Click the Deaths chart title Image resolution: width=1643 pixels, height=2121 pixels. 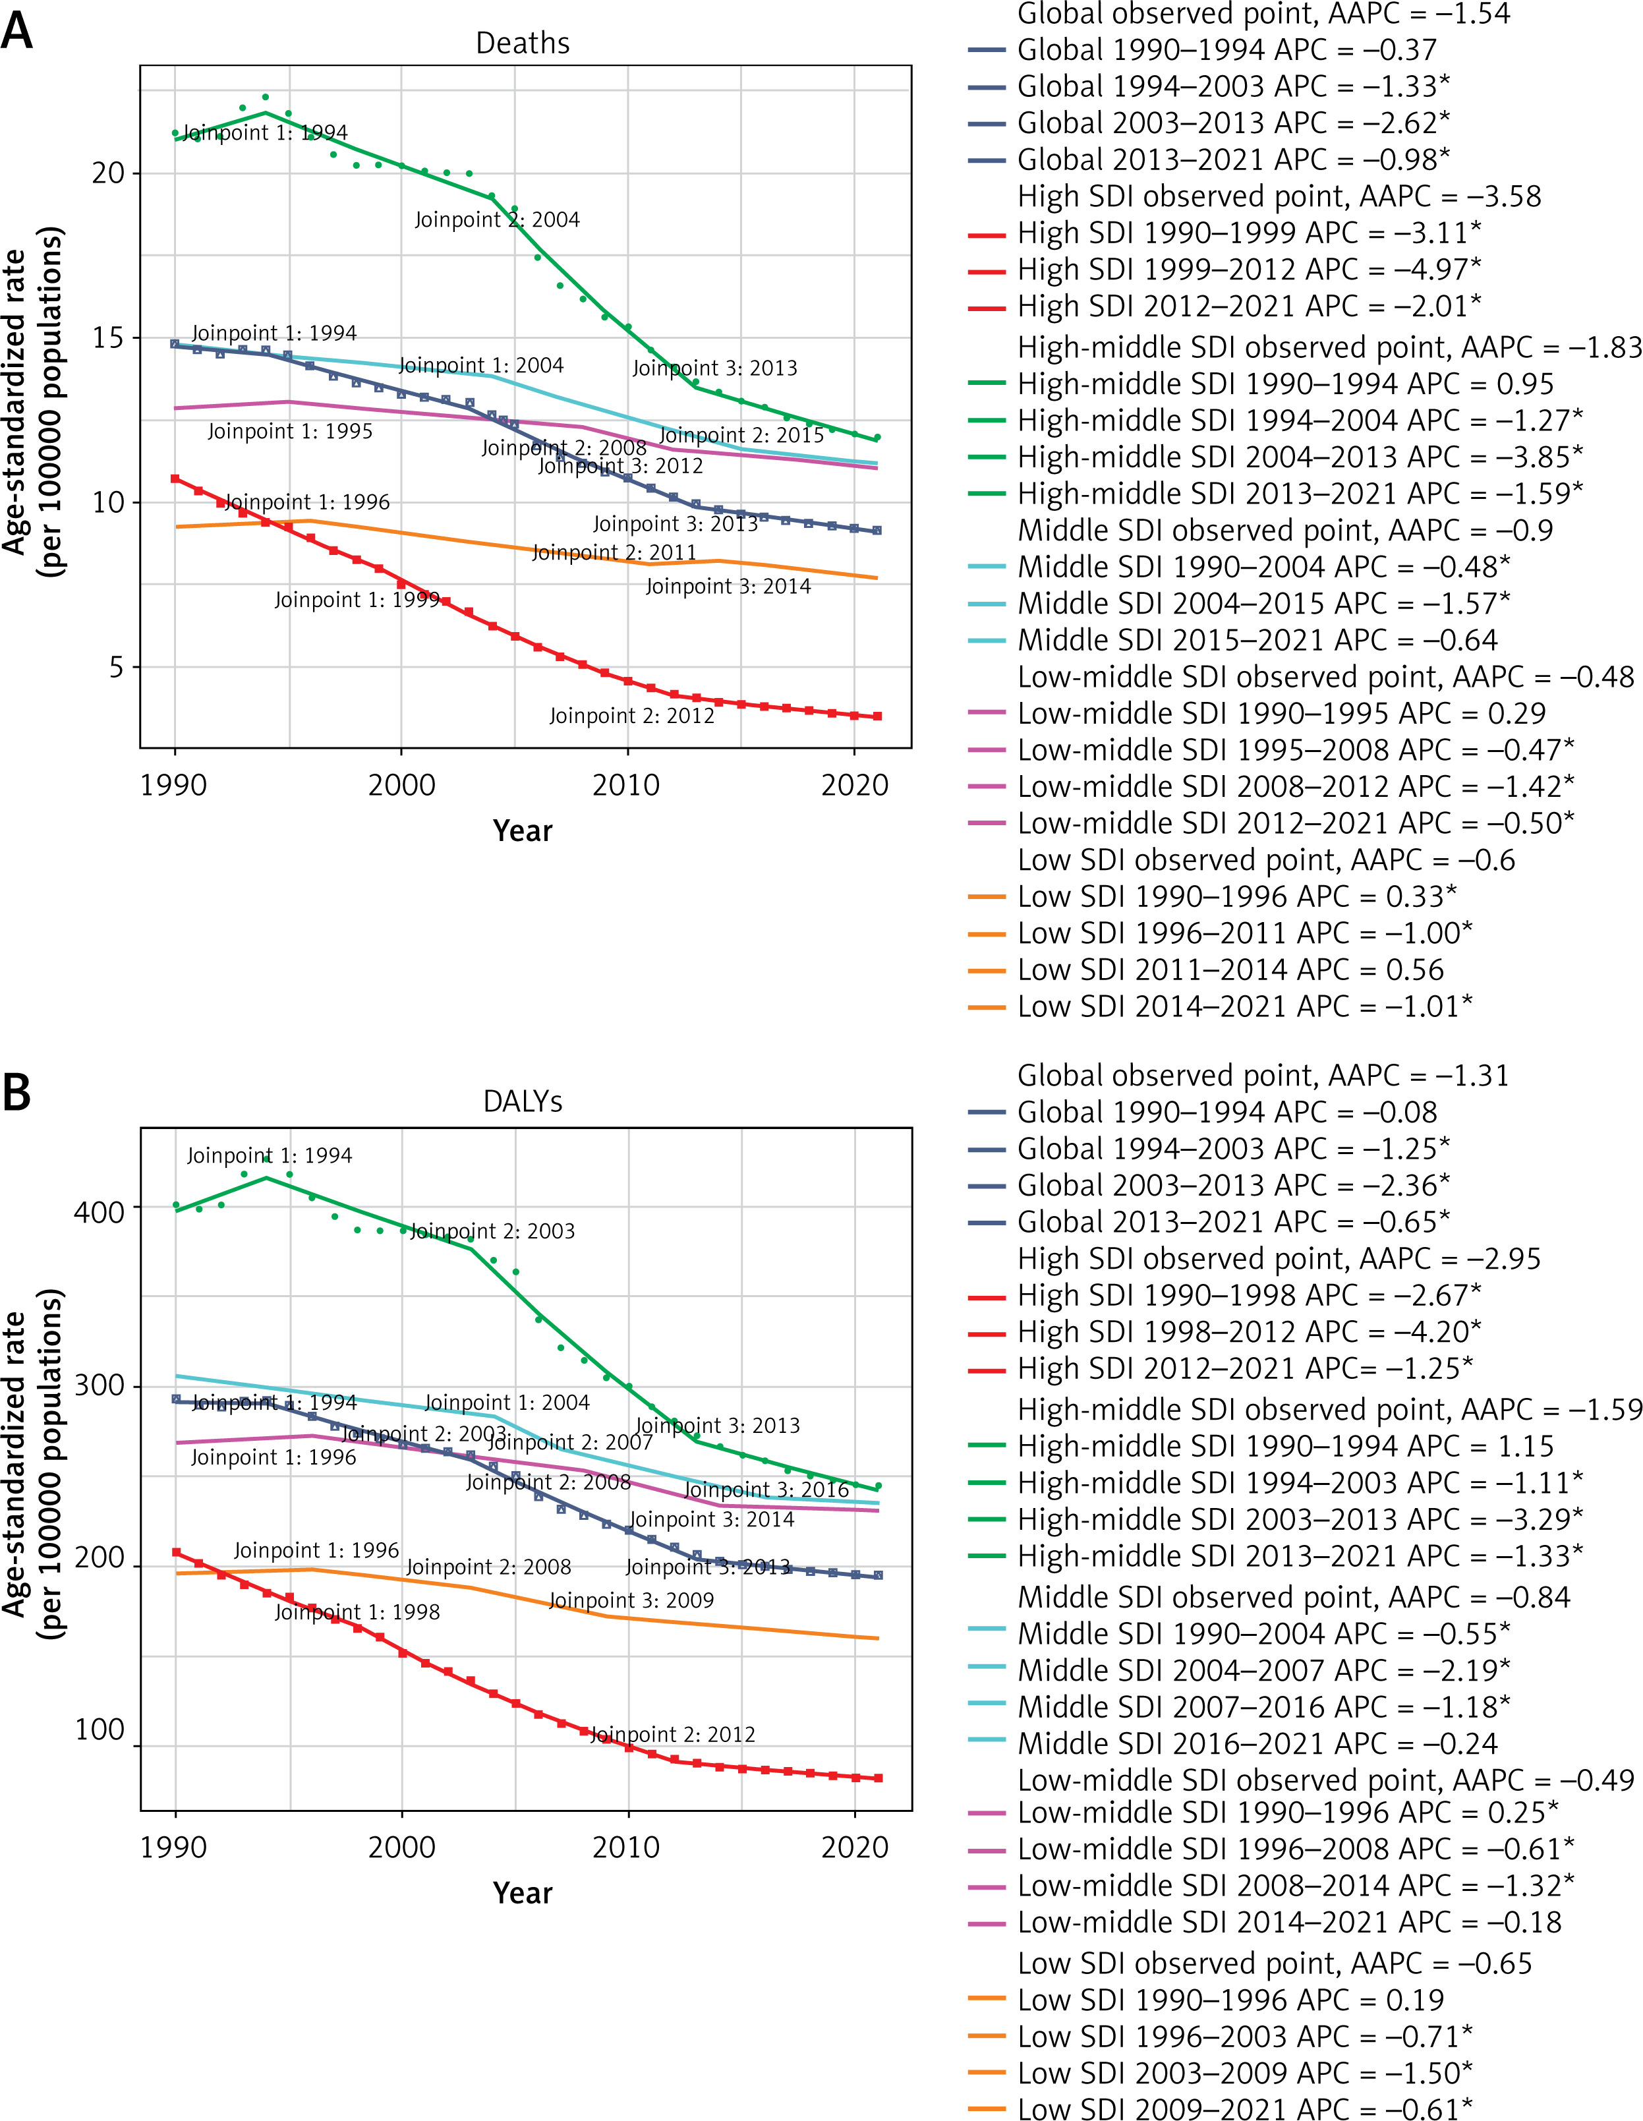[523, 44]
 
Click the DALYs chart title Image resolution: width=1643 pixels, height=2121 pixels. [523, 1101]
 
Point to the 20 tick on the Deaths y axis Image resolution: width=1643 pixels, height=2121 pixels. [109, 173]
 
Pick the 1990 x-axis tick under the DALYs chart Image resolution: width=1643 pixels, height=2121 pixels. [174, 1846]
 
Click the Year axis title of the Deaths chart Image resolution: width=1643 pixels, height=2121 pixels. [523, 831]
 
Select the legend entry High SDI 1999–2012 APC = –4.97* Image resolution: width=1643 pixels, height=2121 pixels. [1249, 269]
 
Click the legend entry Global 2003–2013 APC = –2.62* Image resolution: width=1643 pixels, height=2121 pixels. [1233, 123]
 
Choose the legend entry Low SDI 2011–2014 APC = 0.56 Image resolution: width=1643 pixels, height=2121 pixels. [1230, 969]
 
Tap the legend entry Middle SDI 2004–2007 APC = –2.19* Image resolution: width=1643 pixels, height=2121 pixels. [1263, 1670]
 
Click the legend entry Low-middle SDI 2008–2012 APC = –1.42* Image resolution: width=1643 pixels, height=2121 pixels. [1296, 786]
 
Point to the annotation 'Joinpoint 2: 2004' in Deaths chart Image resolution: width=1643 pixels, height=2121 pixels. [497, 220]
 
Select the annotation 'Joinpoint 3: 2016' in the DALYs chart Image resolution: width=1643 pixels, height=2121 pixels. [766, 1490]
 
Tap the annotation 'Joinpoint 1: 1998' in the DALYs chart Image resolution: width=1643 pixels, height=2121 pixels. [357, 1612]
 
